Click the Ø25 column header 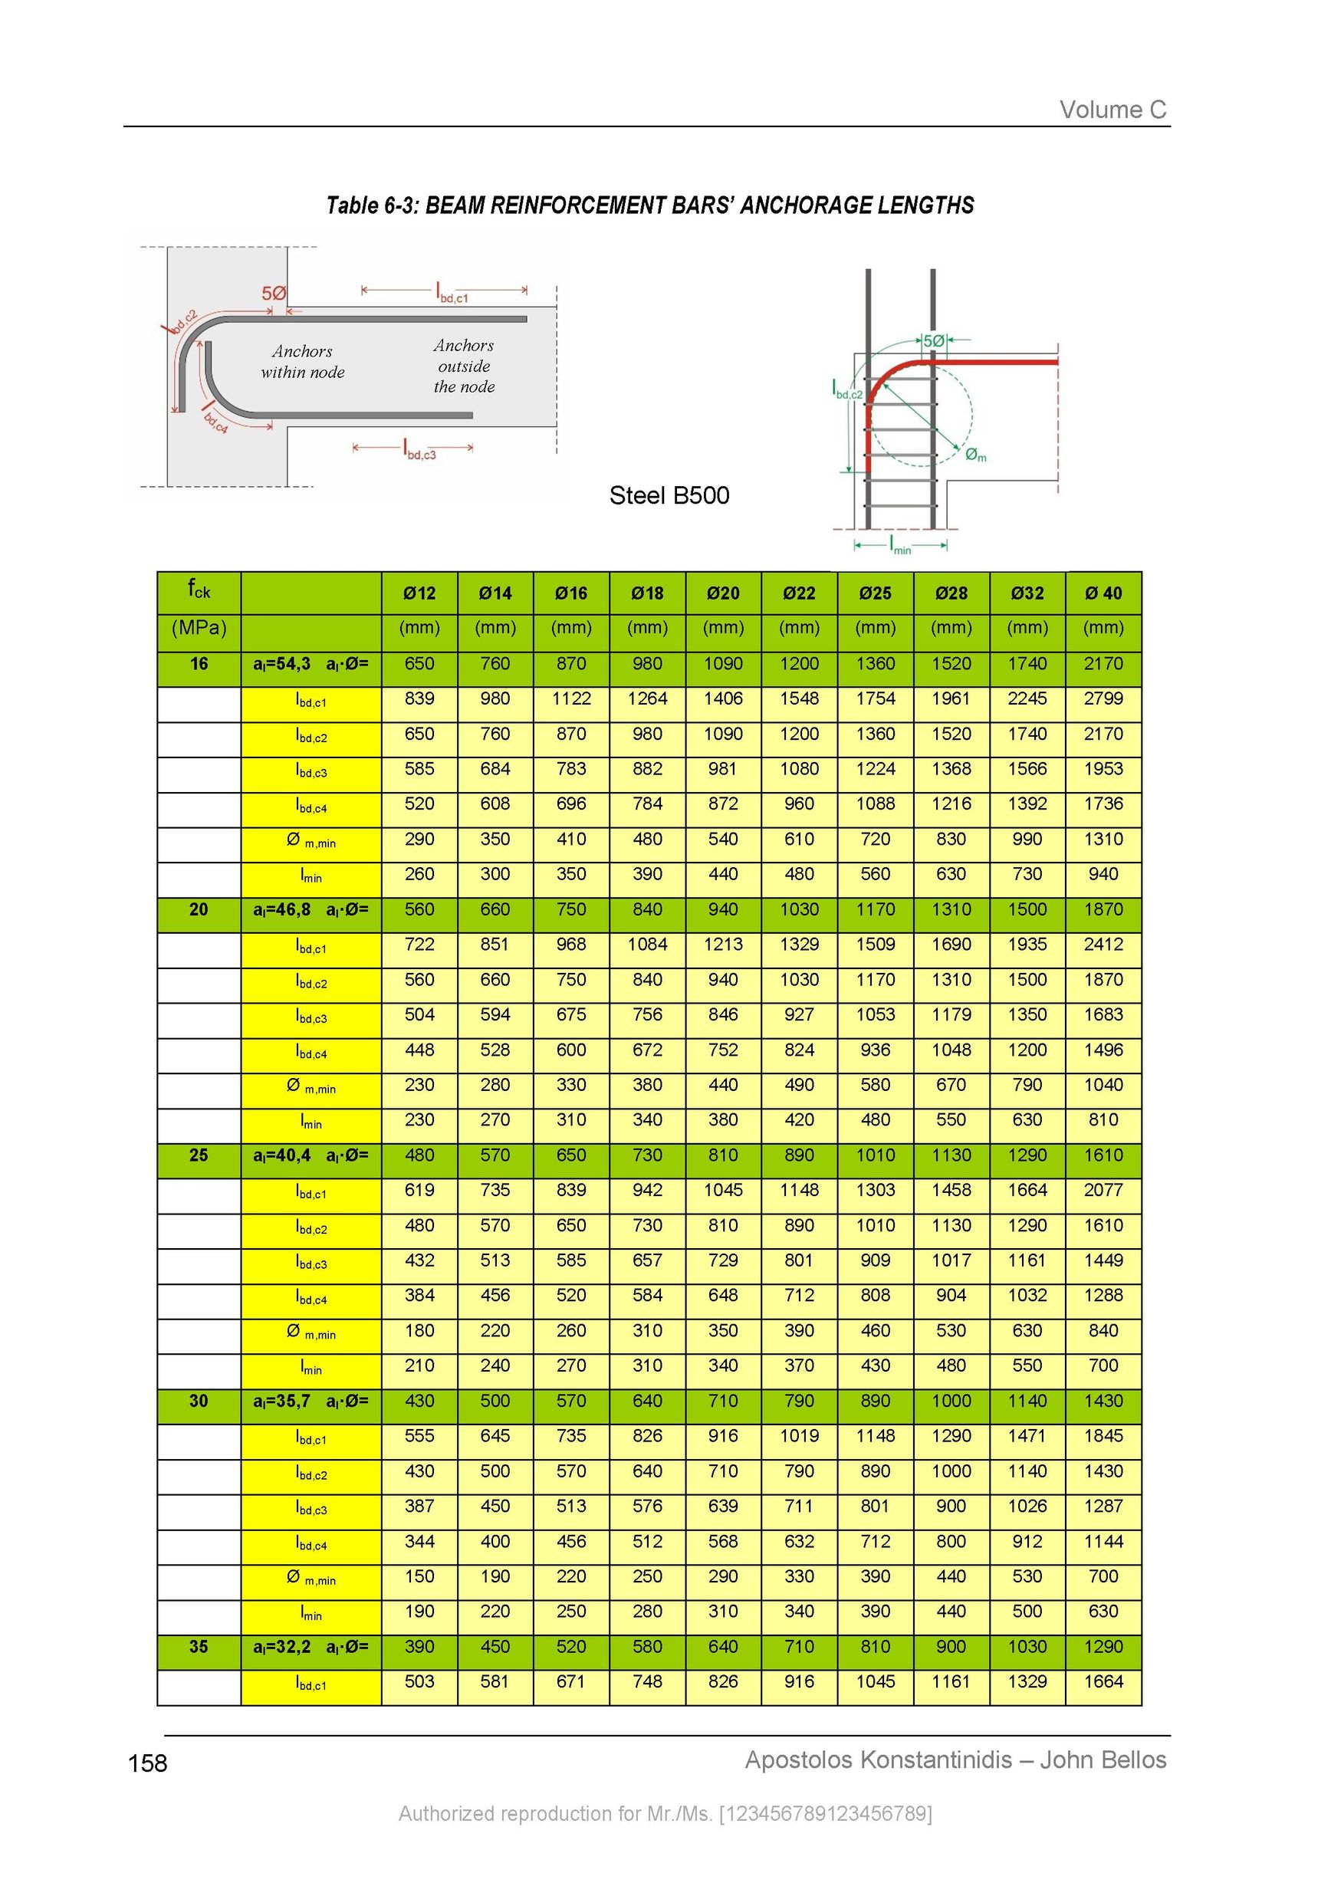coord(875,593)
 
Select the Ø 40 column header coord(1103,593)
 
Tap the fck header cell coord(199,589)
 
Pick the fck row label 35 coord(199,1647)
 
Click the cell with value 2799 coord(1103,698)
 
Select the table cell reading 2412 coord(1103,945)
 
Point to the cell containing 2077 coord(1103,1190)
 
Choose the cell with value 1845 coord(1103,1436)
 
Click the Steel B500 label coord(669,495)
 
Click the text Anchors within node coord(303,362)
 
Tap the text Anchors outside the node coord(464,366)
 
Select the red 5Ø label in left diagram coord(274,294)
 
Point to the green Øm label coord(975,455)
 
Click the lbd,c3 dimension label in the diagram coord(420,449)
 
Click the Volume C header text coord(1112,110)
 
